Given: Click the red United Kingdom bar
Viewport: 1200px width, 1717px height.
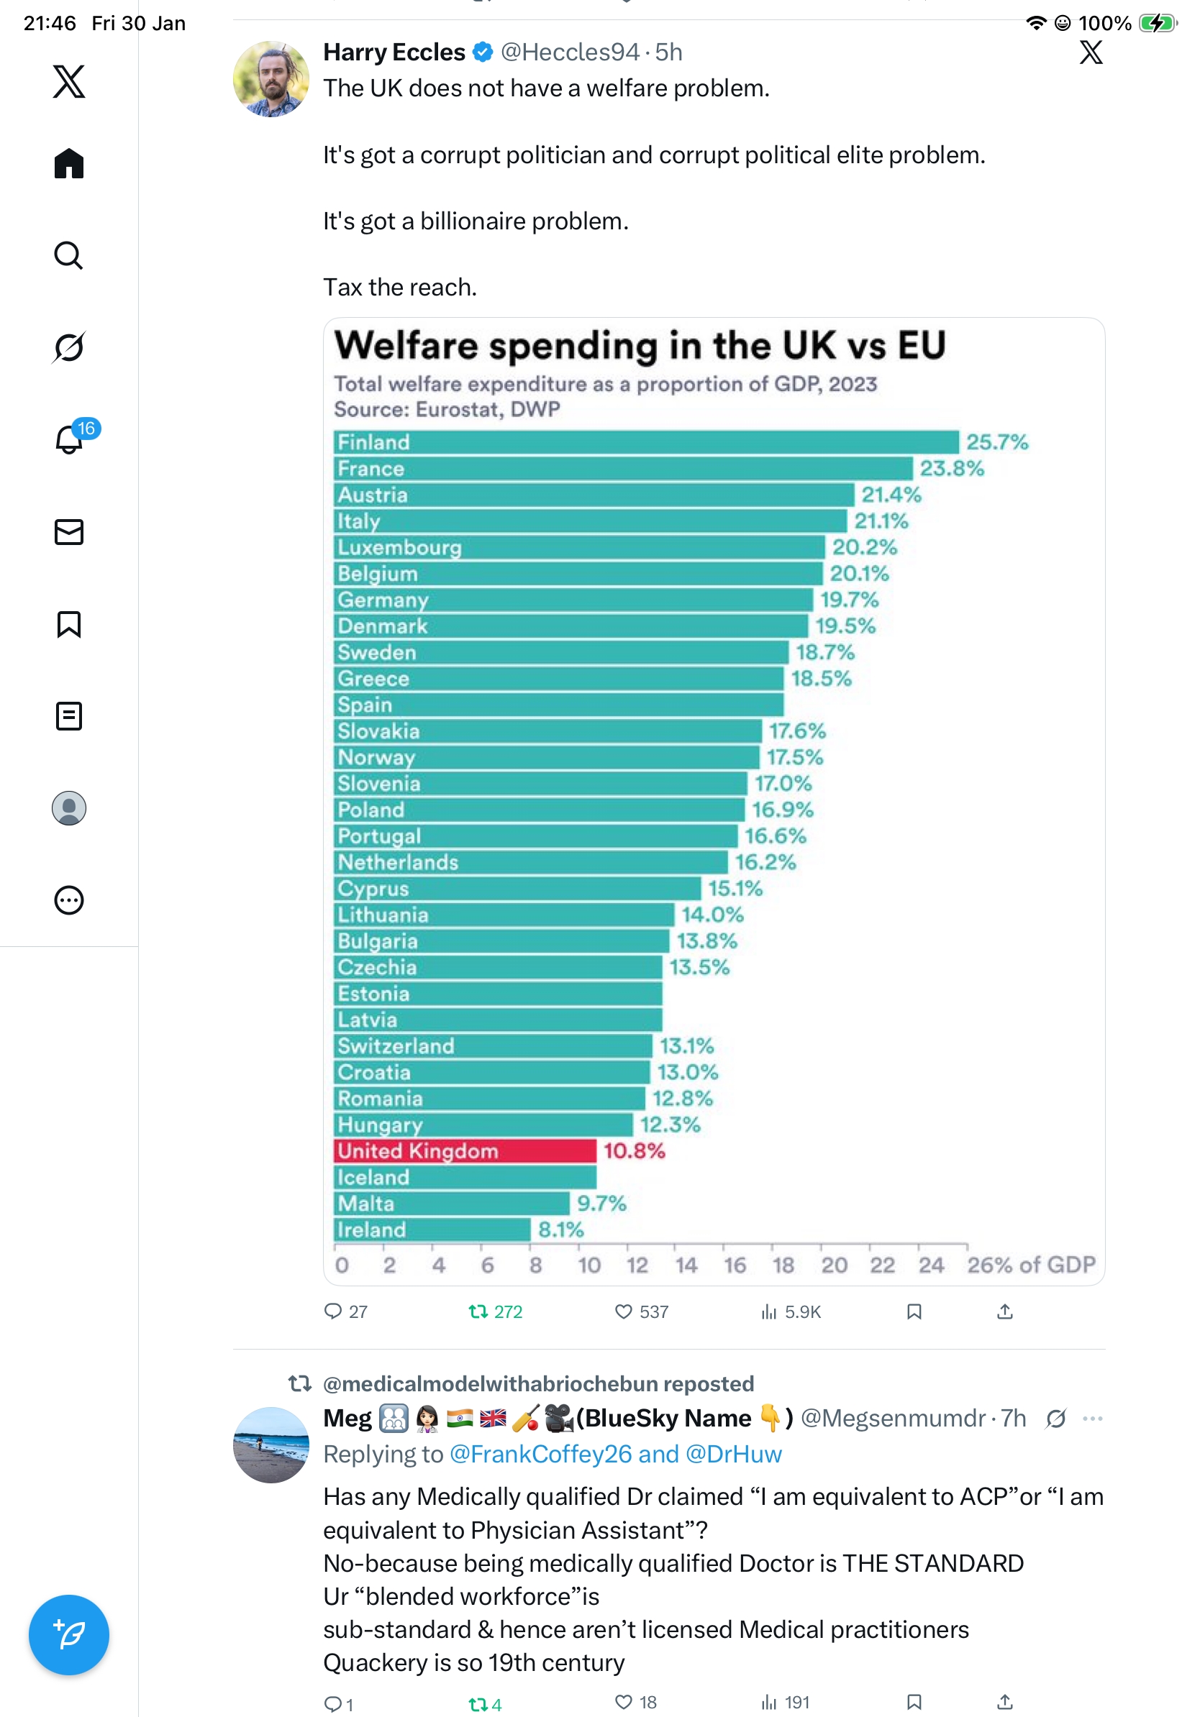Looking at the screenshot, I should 465,1151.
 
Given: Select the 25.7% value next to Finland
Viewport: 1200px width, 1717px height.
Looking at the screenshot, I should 996,442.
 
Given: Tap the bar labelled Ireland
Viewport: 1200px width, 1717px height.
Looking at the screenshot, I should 432,1230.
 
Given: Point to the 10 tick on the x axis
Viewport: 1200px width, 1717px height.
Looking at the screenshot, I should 589,1265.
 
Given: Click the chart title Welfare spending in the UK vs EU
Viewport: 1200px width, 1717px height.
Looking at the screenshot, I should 640,346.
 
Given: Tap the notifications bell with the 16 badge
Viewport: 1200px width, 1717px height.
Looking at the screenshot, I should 70,438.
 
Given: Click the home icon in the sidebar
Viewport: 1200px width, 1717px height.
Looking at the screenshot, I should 69,163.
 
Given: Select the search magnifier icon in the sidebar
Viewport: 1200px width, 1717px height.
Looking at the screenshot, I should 69,255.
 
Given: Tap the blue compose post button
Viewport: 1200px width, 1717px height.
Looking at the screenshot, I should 69,1635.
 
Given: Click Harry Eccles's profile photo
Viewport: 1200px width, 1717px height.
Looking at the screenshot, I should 271,79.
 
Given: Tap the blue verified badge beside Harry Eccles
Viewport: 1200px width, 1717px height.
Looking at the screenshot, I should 483,52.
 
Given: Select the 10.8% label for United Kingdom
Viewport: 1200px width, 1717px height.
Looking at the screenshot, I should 634,1151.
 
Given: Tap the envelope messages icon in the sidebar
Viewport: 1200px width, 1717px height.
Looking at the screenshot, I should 69,531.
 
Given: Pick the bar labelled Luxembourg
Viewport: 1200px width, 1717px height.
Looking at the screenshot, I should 579,547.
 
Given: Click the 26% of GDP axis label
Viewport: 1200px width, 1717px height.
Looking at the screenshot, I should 1030,1265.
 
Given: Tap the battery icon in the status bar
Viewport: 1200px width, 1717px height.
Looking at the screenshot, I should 1157,23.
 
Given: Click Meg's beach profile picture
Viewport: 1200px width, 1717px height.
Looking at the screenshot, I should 271,1444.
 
